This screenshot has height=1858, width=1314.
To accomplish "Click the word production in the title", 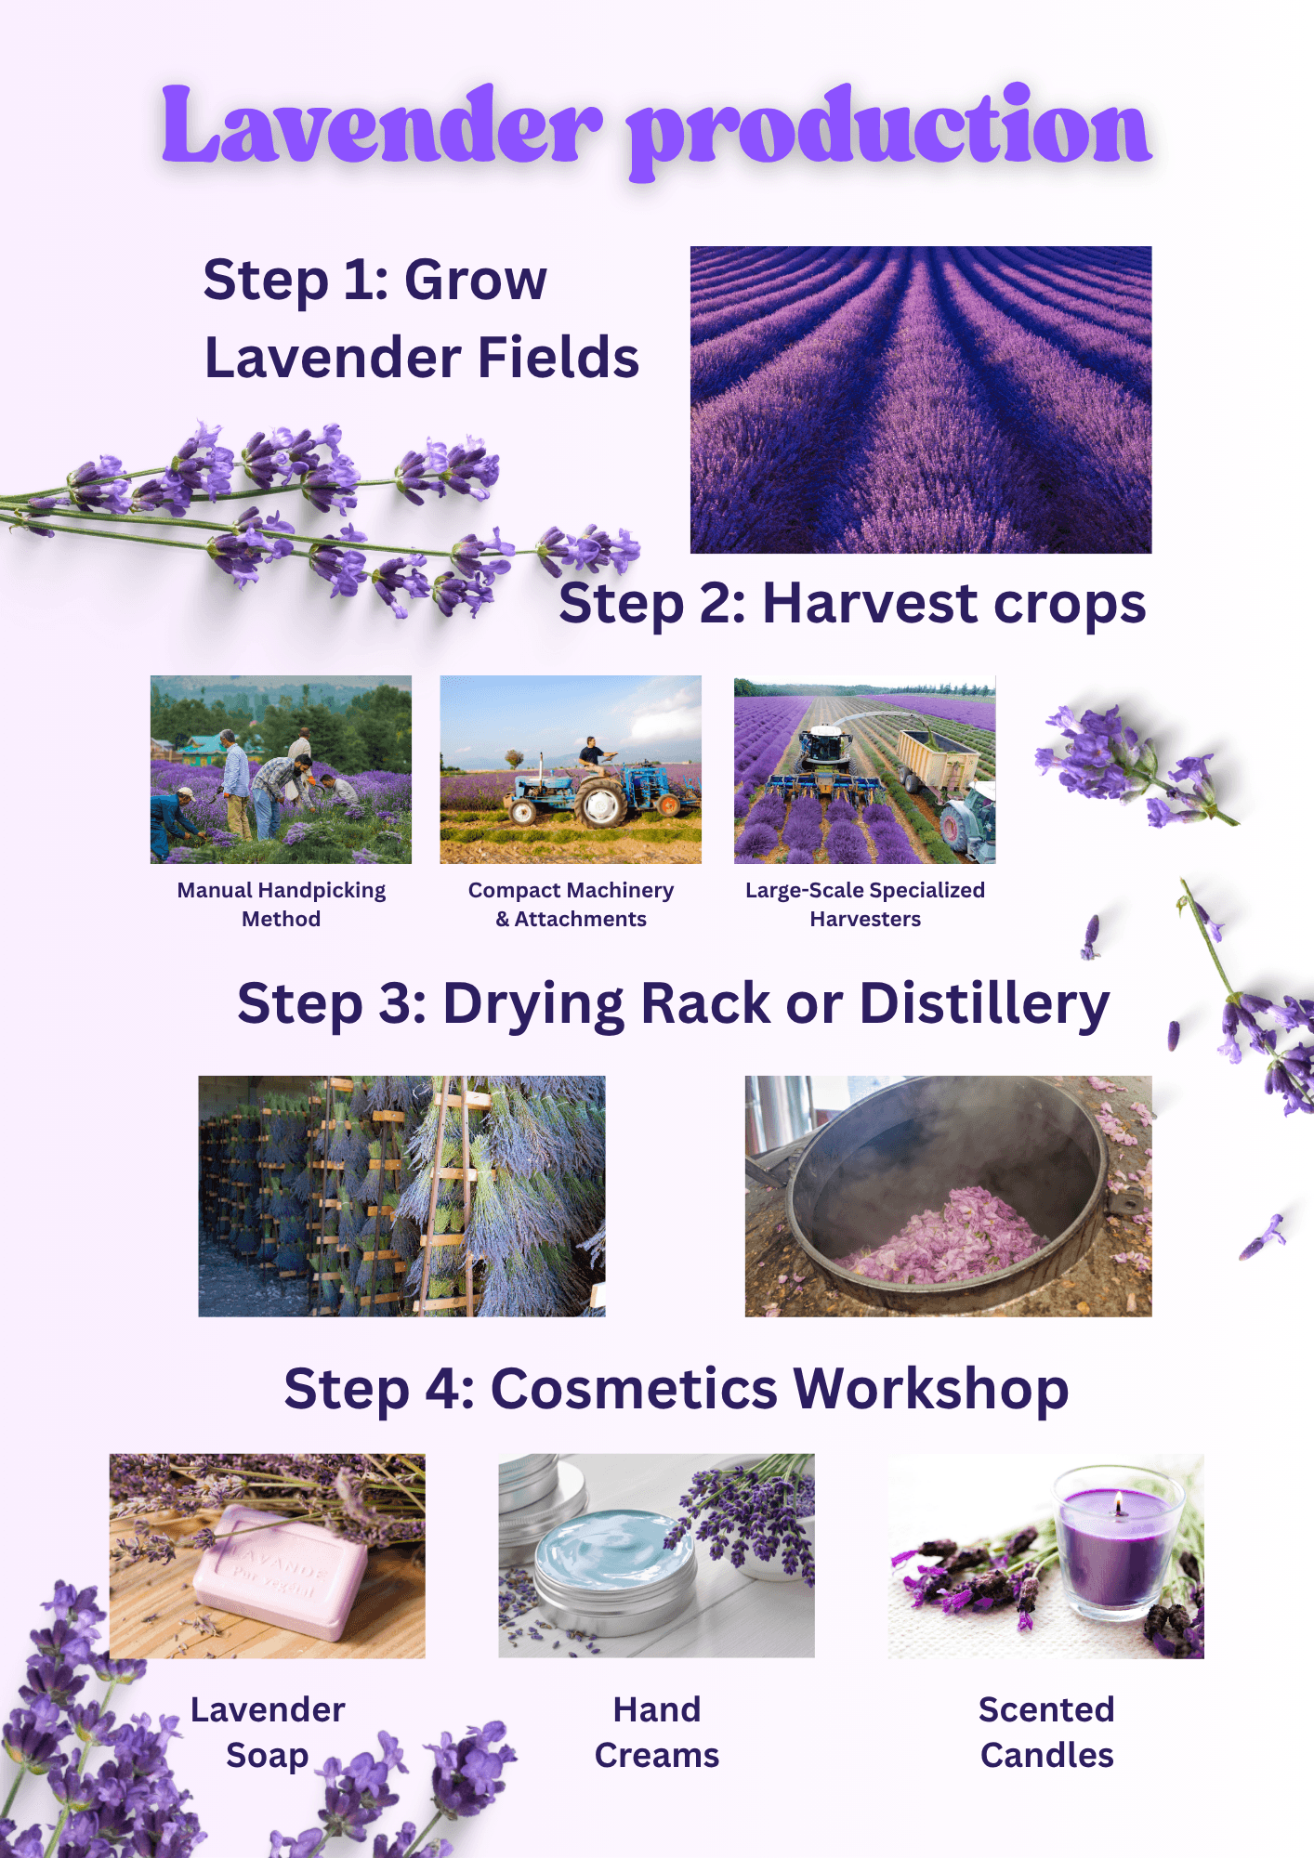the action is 889,130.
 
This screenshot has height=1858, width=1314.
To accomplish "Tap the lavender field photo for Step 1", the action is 921,399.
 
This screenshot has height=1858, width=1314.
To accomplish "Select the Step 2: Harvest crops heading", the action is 852,605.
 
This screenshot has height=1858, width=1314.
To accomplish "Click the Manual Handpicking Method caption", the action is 282,904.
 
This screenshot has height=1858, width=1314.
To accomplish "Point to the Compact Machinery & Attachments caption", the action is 571,904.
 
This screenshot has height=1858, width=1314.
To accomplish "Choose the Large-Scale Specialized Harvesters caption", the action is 865,904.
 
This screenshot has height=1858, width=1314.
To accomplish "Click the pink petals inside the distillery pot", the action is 948,1235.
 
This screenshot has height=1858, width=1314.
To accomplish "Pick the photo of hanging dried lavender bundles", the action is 401,1196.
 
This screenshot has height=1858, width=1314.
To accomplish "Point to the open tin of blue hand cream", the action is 614,1569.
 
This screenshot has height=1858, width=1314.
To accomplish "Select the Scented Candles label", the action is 1046,1732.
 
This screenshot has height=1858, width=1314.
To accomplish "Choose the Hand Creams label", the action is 657,1732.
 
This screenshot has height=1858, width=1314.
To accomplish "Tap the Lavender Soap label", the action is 268,1733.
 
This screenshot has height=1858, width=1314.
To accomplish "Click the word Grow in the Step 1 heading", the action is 476,280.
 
